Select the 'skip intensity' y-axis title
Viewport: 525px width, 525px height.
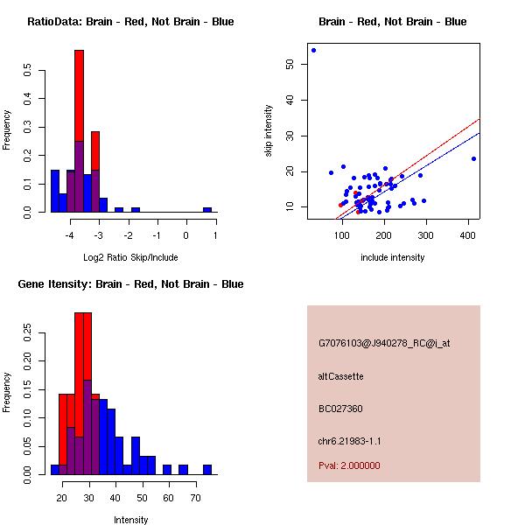269,131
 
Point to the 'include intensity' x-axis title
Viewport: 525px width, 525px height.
393,257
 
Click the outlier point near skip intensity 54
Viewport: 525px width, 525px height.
313,50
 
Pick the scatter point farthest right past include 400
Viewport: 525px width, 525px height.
473,158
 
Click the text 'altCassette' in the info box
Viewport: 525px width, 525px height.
341,376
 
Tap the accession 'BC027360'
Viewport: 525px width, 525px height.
341,409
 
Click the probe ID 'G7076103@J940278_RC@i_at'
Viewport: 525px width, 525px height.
384,344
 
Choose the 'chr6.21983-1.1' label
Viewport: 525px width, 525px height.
350,441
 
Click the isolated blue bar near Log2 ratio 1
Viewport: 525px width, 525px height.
207,210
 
